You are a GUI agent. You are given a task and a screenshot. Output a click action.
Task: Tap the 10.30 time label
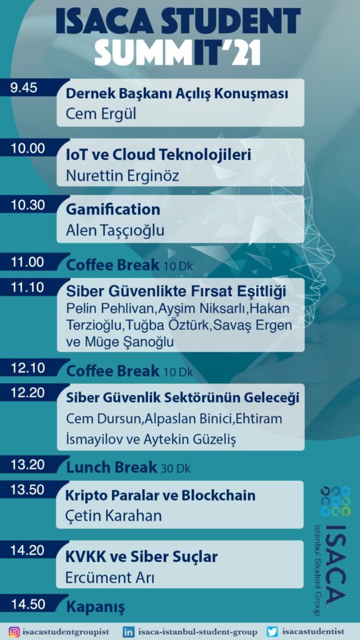tap(27, 205)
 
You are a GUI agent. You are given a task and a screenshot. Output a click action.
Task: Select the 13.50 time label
tap(27, 490)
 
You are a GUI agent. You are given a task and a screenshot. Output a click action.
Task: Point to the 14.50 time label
tap(27, 604)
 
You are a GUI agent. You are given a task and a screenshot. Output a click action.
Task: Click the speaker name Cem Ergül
tap(101, 114)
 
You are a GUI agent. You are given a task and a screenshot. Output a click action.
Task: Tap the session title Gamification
tap(113, 210)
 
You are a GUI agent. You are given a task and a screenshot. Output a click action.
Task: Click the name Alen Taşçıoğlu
tap(115, 231)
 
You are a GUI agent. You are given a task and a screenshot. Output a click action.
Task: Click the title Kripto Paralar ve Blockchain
tap(161, 496)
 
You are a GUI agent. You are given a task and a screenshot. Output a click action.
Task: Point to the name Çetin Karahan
tap(114, 516)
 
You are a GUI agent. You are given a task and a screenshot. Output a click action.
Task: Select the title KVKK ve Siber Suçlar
tap(142, 557)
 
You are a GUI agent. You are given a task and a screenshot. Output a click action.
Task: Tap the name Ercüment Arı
tap(110, 577)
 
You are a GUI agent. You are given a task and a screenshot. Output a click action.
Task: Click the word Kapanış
tap(96, 607)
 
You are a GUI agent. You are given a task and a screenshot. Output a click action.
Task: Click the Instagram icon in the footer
tap(14, 632)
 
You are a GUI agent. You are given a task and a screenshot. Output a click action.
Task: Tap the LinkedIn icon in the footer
tap(129, 632)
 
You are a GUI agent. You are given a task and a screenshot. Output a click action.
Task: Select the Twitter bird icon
tap(272, 632)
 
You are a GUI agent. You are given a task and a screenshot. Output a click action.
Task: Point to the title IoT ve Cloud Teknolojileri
tap(158, 155)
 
